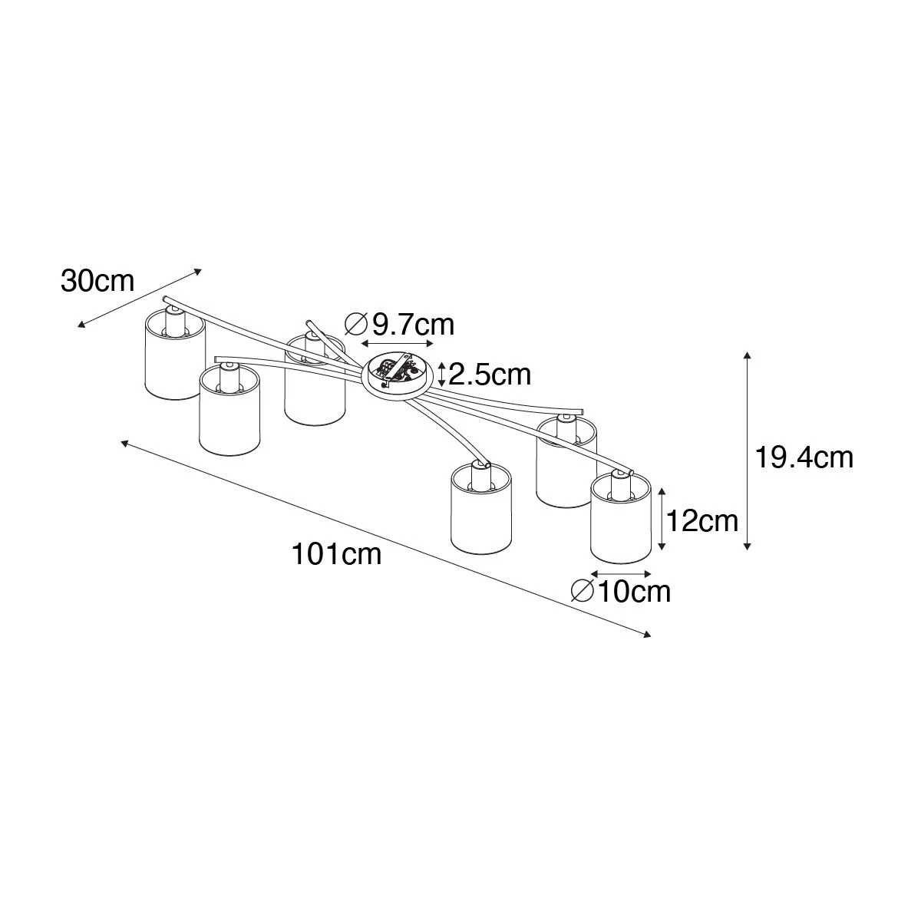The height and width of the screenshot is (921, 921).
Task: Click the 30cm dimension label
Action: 97,282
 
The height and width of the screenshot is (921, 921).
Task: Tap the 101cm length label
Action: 336,554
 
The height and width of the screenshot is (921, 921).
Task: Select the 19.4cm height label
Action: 804,457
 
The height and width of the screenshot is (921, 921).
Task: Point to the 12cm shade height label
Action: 702,521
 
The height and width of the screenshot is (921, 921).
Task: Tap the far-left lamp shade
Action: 174,353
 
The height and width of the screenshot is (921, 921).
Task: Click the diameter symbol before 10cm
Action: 583,592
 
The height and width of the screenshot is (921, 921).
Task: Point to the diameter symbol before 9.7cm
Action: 357,325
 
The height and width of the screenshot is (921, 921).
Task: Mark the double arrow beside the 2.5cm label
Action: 441,375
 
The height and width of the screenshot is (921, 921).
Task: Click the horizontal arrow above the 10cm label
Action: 622,573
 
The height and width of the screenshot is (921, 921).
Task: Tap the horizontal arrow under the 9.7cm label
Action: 398,343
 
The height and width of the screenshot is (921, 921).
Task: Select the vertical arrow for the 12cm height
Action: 662,519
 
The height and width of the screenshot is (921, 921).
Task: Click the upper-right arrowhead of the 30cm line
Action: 198,271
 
